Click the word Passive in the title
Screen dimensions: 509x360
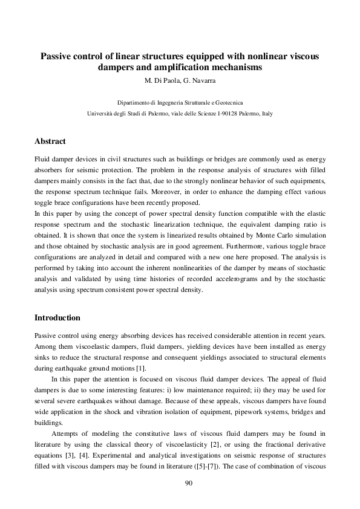coord(57,56)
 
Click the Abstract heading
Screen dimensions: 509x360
coord(50,141)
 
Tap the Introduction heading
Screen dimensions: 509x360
coord(57,317)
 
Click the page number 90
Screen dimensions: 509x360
coord(180,483)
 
